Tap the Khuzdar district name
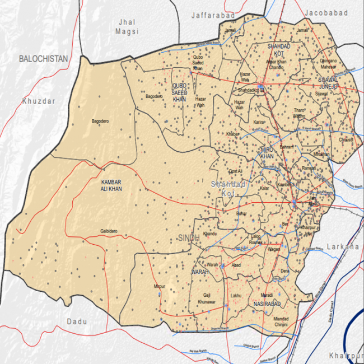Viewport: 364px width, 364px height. (x=39, y=101)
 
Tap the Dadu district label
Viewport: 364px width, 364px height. (x=77, y=321)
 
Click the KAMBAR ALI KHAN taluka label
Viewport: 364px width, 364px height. (x=111, y=186)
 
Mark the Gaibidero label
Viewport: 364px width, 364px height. (x=109, y=231)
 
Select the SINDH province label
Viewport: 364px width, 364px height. (x=188, y=239)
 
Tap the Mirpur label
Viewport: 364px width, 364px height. (x=160, y=287)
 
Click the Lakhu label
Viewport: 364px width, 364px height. (x=235, y=295)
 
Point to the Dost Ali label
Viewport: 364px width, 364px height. (x=236, y=171)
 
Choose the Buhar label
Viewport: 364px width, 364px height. (x=241, y=213)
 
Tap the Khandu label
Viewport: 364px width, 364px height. (x=210, y=233)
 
